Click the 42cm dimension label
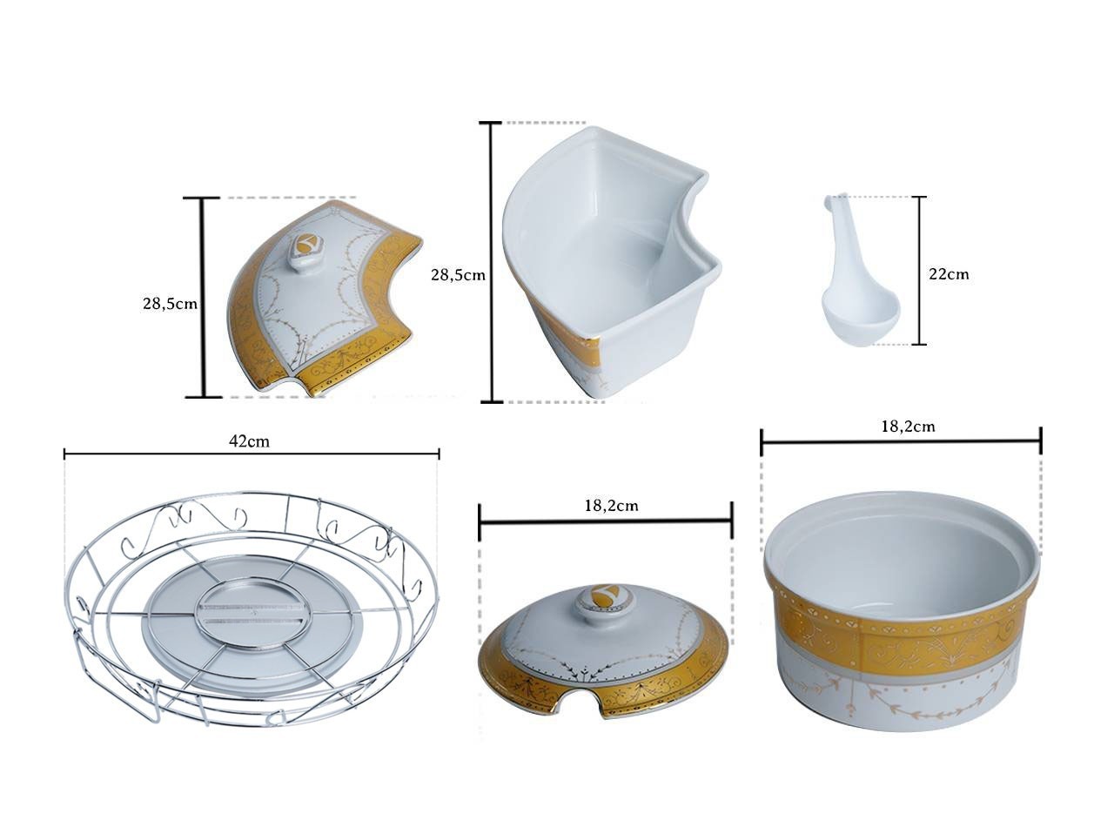pos(249,441)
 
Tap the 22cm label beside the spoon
pos(949,274)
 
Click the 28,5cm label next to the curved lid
pos(171,304)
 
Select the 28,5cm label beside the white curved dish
pos(458,275)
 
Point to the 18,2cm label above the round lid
pos(611,506)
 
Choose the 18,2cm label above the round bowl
pos(908,427)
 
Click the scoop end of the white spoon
pos(860,314)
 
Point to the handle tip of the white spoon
pos(829,200)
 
